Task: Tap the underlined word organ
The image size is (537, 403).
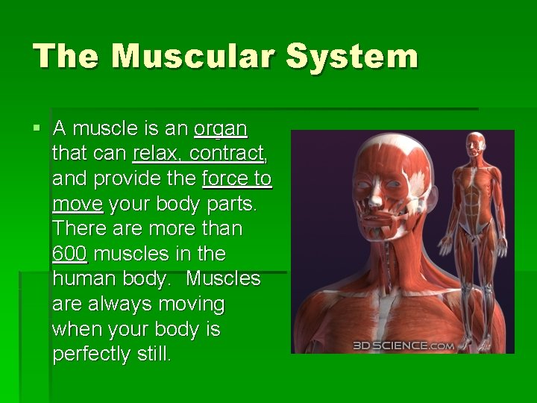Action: [220, 129]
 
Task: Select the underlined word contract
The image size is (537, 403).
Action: [227, 154]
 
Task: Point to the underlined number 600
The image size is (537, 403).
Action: [70, 254]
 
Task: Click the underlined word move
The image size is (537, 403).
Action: [78, 204]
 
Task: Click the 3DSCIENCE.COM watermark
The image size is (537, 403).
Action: [403, 346]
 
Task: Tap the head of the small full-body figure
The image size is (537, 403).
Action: [474, 143]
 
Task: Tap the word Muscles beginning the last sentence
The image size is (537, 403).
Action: [223, 279]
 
